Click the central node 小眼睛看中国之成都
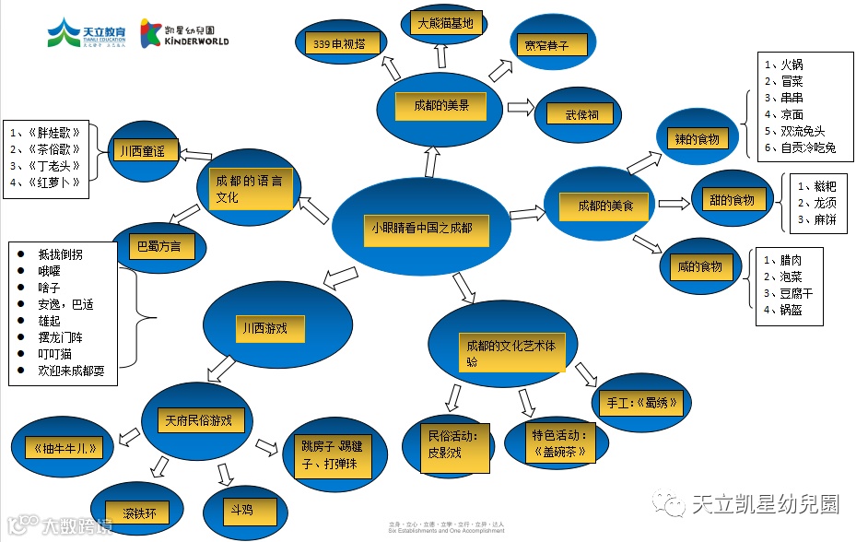click(421, 226)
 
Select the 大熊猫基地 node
click(445, 23)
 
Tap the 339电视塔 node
click(340, 43)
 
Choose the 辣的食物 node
click(697, 139)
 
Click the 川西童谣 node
click(142, 151)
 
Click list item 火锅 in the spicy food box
click(792, 65)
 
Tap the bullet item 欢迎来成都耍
click(71, 371)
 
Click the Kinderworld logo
click(184, 34)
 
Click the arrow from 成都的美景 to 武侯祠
click(520, 107)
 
